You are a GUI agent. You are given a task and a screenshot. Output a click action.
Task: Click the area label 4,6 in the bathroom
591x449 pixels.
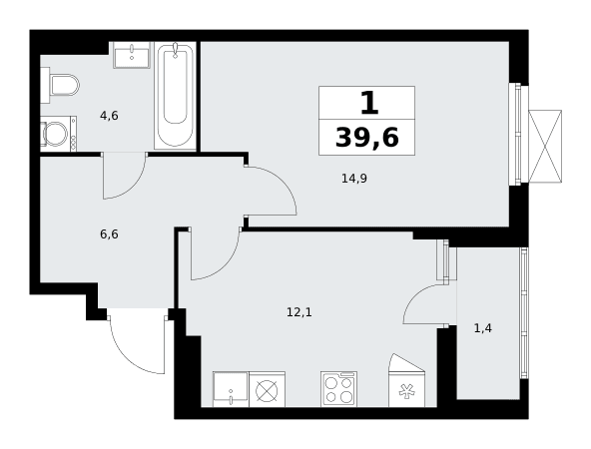pyautogui.click(x=109, y=116)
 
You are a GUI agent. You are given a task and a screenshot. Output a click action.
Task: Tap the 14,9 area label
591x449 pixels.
pyautogui.click(x=354, y=179)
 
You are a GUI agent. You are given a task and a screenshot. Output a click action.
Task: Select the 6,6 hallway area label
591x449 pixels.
pyautogui.click(x=109, y=234)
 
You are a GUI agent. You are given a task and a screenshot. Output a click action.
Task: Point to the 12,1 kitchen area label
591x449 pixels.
pyautogui.click(x=299, y=312)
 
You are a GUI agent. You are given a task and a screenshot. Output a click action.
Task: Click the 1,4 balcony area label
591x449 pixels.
pyautogui.click(x=483, y=329)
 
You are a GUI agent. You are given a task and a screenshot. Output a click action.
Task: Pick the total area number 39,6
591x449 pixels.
pyautogui.click(x=366, y=138)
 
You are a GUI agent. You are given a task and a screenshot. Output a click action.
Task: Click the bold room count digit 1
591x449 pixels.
pyautogui.click(x=369, y=103)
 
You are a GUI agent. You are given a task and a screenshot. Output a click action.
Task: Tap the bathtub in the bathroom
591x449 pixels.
pyautogui.click(x=176, y=96)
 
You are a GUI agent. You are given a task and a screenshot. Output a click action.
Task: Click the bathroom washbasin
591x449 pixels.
pyautogui.click(x=132, y=55)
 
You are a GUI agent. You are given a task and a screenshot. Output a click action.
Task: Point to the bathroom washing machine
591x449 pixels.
pyautogui.click(x=59, y=134)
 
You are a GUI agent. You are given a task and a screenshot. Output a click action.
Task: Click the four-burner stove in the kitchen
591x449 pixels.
pyautogui.click(x=338, y=389)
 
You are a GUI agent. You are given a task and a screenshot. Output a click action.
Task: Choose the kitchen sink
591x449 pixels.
pyautogui.click(x=231, y=389)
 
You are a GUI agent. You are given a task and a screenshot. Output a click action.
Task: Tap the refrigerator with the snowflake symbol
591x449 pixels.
pyautogui.click(x=406, y=380)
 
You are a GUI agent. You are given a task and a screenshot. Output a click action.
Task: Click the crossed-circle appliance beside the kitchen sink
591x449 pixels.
pyautogui.click(x=267, y=389)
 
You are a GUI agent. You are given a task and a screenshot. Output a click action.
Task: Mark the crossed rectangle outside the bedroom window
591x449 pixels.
pyautogui.click(x=545, y=146)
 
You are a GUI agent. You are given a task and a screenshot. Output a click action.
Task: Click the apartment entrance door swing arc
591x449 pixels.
pyautogui.click(x=126, y=358)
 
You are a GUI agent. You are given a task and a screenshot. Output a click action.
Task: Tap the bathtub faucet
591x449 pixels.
pyautogui.click(x=176, y=50)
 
